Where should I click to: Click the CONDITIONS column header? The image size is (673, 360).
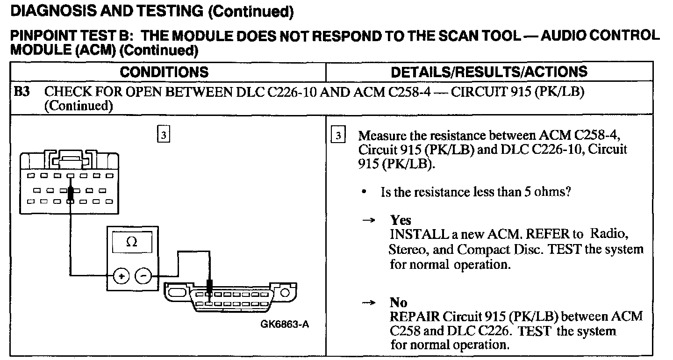(164, 72)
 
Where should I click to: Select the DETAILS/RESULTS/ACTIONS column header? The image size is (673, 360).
(489, 72)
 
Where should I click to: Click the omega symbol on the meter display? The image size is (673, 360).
(132, 242)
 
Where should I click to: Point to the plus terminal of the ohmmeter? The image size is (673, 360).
(121, 276)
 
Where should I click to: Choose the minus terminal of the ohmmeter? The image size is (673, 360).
(143, 276)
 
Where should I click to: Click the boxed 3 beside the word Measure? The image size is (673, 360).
(338, 135)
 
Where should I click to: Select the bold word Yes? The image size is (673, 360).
(401, 220)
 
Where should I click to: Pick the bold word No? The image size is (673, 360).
(399, 302)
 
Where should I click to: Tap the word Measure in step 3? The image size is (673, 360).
(380, 136)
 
